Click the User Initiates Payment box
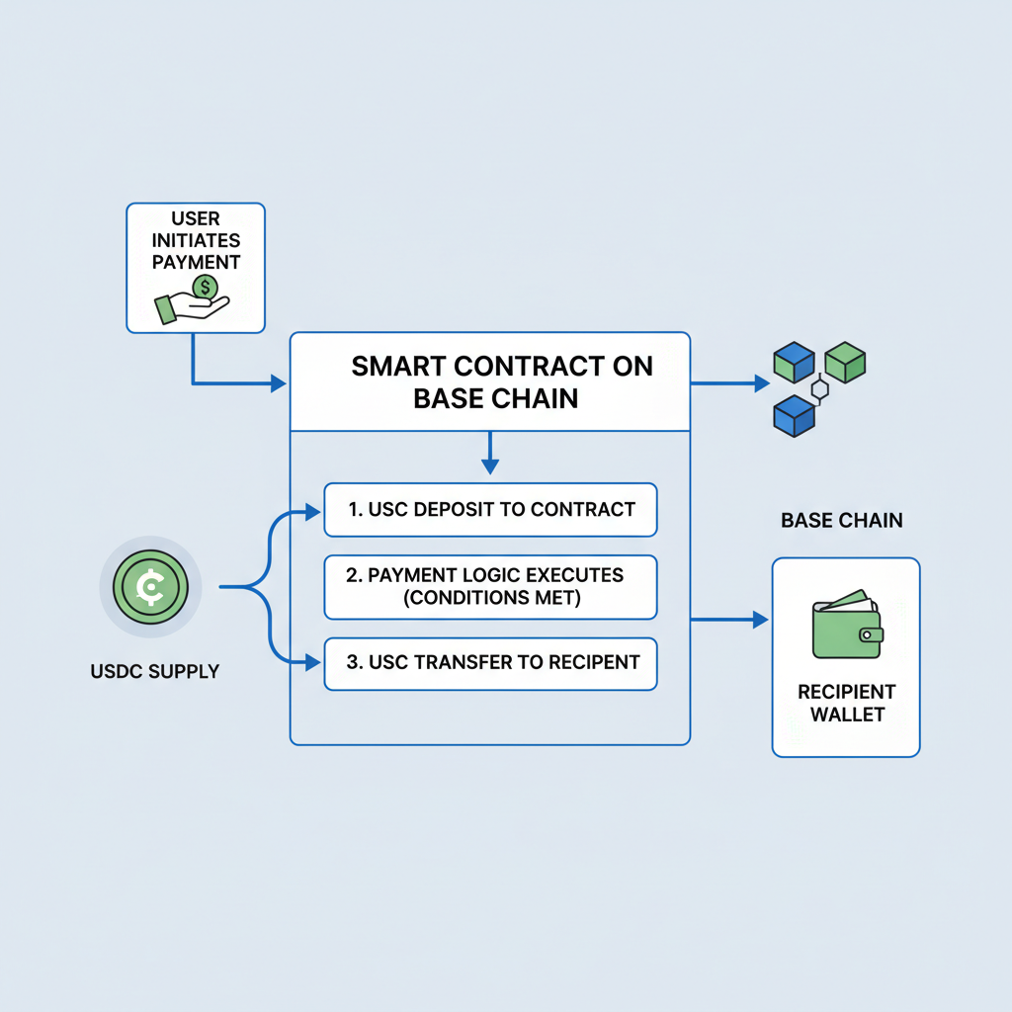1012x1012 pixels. (196, 267)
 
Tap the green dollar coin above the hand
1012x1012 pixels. (206, 288)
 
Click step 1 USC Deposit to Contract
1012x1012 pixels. (490, 510)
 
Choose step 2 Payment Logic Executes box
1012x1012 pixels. (490, 587)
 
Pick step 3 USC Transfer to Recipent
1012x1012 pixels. (490, 662)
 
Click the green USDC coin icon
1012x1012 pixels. (150, 587)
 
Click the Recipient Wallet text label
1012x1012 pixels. (846, 702)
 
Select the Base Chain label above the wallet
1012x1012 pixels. (841, 520)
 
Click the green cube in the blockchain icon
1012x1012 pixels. (845, 363)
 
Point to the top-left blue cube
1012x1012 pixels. (793, 363)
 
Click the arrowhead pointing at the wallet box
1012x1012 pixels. (761, 620)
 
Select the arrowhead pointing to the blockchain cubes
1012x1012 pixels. (761, 382)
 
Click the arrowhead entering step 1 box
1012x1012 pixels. (314, 511)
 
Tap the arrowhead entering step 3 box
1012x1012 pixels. (314, 662)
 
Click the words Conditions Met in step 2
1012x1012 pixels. (490, 599)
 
